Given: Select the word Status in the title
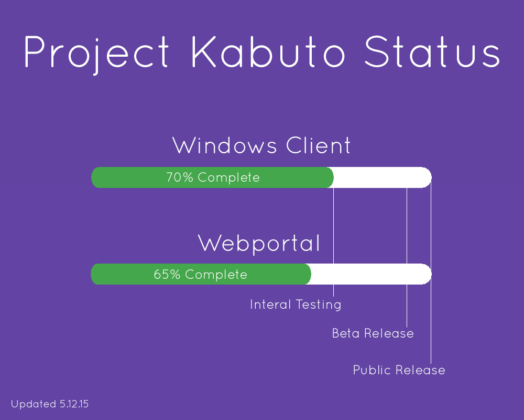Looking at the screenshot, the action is pyautogui.click(x=432, y=51).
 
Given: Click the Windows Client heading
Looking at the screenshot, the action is pyautogui.click(x=261, y=145).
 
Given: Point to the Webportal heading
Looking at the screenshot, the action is pyautogui.click(x=259, y=244).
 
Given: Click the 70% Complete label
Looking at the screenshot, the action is pyautogui.click(x=213, y=177).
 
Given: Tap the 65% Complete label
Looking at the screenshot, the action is pyautogui.click(x=201, y=274).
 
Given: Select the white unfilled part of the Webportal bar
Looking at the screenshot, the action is pyautogui.click(x=371, y=274).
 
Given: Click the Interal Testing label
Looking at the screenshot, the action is pyautogui.click(x=296, y=304).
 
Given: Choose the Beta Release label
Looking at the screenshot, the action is pyautogui.click(x=373, y=333).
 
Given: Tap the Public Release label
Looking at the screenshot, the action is pyautogui.click(x=399, y=370).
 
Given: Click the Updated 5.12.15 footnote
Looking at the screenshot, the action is pyautogui.click(x=50, y=404).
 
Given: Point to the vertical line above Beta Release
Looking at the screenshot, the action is pyautogui.click(x=407, y=257).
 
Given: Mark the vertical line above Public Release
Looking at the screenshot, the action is pyautogui.click(x=431, y=270).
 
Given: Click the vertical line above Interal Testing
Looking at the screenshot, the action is pyautogui.click(x=333, y=242).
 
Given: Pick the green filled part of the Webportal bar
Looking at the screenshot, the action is pyautogui.click(x=201, y=274).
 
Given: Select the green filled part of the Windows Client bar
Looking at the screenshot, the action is pyautogui.click(x=212, y=177).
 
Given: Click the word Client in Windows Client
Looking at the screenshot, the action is pyautogui.click(x=318, y=145).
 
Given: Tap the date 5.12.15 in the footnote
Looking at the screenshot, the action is pyautogui.click(x=74, y=404).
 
